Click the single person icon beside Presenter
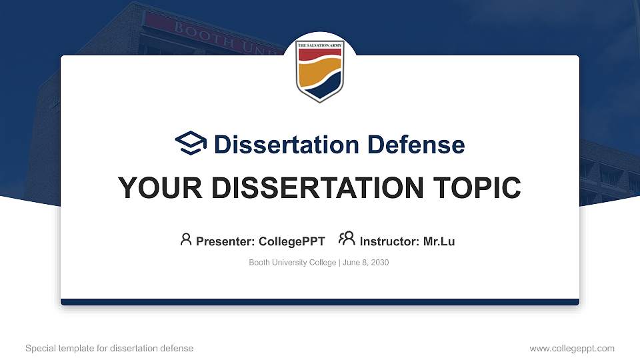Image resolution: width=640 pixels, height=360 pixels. tap(186, 239)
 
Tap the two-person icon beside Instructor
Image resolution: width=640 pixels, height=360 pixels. tap(347, 239)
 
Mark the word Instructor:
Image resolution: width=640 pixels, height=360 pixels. tap(389, 241)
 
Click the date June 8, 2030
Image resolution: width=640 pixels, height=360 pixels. tap(366, 263)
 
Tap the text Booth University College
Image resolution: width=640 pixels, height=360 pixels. tap(293, 263)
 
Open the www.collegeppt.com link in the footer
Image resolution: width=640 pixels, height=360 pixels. tap(571, 348)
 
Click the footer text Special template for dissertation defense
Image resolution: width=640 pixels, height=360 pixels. tap(109, 348)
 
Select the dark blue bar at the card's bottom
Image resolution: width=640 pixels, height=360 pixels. tap(319, 302)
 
